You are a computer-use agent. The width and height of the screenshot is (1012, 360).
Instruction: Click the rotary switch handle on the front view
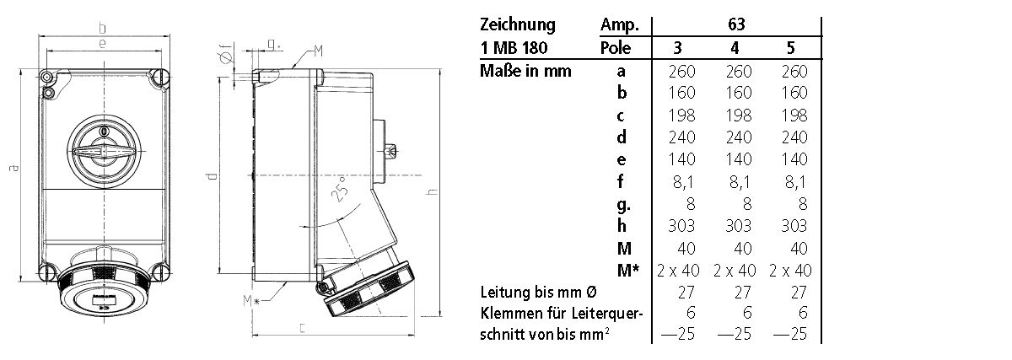(103, 152)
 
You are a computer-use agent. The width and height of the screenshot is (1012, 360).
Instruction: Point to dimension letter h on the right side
(433, 193)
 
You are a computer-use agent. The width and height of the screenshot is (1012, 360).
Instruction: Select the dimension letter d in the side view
(213, 177)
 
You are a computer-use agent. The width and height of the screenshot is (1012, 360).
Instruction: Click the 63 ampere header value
(736, 24)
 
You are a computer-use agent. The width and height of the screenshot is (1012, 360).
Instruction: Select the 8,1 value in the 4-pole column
(736, 181)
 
